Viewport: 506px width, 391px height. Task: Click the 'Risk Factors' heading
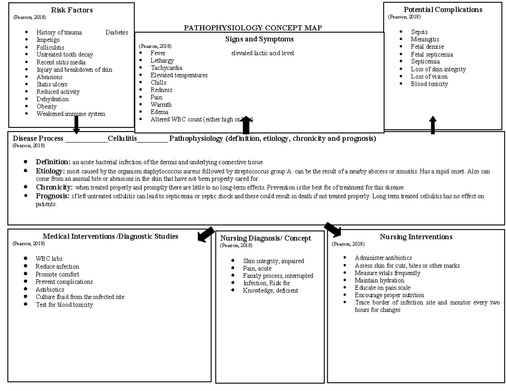point(72,10)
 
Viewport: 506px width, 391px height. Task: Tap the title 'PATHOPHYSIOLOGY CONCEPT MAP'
point(253,28)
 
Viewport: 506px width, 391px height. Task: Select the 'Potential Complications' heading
point(443,10)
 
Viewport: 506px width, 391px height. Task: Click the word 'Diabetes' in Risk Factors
point(117,32)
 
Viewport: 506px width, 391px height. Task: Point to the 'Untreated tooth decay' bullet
point(65,54)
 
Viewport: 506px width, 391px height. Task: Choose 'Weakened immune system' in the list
point(71,114)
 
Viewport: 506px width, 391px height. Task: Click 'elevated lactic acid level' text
point(262,53)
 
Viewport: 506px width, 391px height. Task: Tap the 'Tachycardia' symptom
point(166,68)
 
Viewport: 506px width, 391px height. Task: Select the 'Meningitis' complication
point(425,39)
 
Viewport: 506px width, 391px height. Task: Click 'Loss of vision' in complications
point(429,76)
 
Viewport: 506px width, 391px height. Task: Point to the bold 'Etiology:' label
point(50,171)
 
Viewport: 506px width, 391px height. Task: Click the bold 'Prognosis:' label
point(52,196)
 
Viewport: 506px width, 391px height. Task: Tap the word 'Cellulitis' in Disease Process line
point(122,138)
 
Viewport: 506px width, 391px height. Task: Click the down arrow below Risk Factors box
point(76,125)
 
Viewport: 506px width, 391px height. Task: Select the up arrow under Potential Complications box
point(433,125)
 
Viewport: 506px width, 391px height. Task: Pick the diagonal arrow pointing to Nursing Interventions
point(333,229)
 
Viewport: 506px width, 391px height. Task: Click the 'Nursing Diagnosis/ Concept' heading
point(266,238)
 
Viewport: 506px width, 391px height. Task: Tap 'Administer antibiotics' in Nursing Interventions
point(383,258)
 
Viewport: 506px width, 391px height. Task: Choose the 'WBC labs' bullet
point(49,259)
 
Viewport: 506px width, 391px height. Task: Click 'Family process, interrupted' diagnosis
point(278,276)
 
